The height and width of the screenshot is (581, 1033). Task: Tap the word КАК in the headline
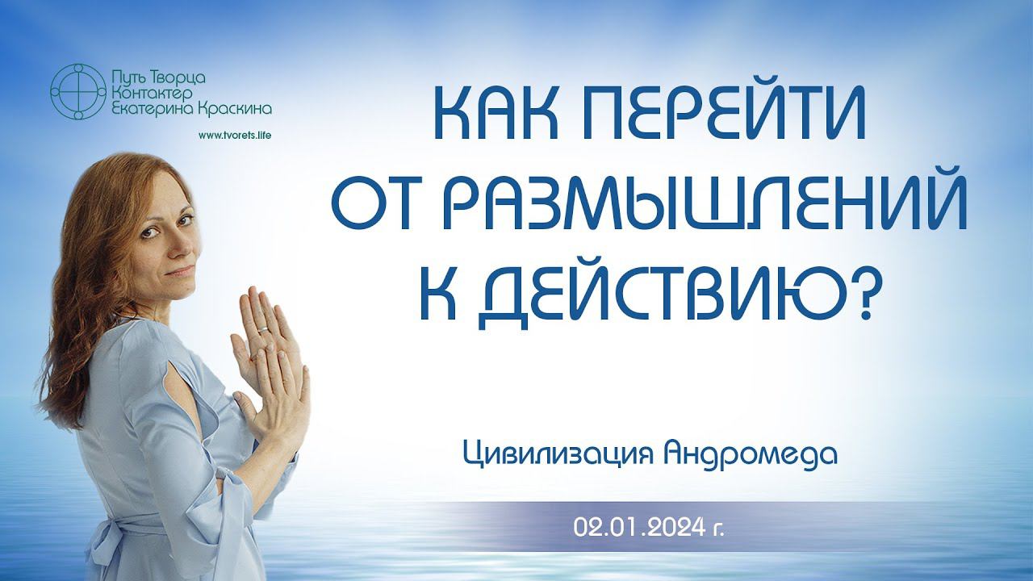496,115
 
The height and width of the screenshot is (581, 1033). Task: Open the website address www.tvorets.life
235,135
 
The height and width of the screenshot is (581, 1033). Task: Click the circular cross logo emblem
78,92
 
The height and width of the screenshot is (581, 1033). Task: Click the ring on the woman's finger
262,329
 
